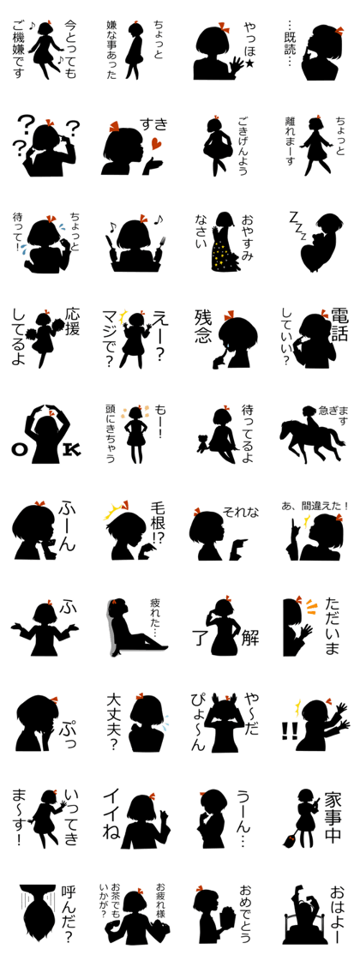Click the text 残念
tap(203, 327)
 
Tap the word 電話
tap(339, 322)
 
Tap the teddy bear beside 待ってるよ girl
tap(201, 442)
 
